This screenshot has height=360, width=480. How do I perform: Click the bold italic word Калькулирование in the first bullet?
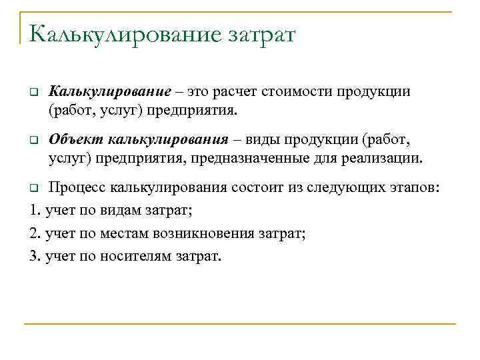click(x=104, y=91)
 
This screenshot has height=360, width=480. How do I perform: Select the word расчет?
click(x=241, y=91)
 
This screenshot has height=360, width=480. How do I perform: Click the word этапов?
click(x=413, y=187)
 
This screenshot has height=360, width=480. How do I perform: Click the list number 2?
click(x=35, y=233)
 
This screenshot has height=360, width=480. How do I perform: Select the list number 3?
click(x=35, y=256)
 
